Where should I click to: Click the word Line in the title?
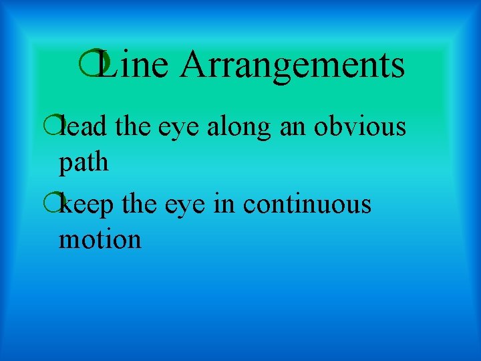[134, 65]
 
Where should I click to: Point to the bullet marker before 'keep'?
[57, 203]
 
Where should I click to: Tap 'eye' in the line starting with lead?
[178, 127]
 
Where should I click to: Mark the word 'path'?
[83, 162]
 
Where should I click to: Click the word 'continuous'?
[307, 204]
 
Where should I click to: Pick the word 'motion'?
[100, 239]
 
